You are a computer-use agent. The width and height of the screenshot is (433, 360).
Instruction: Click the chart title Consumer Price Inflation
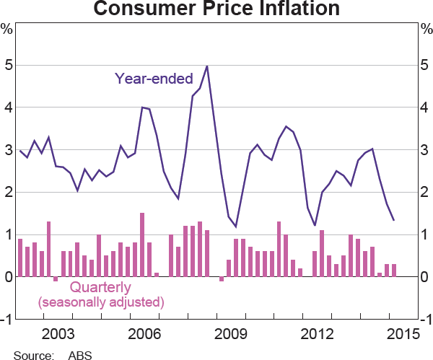[x=216, y=9]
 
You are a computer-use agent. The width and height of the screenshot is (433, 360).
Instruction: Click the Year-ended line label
[x=153, y=78]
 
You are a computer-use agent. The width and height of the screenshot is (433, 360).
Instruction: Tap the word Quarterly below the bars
[x=100, y=286]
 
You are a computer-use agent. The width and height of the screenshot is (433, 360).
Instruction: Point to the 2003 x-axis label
[x=58, y=335]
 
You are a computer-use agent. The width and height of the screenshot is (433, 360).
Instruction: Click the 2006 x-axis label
[x=144, y=335]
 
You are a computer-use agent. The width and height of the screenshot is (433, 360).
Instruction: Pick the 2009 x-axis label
[x=230, y=335]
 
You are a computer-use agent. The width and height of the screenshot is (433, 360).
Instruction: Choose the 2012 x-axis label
[x=316, y=335]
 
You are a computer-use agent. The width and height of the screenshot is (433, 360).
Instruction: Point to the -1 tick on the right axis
[x=425, y=320]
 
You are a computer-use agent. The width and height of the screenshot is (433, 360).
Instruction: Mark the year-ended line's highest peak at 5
[x=207, y=66]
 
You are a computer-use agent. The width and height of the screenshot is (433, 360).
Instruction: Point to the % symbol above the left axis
[x=6, y=30]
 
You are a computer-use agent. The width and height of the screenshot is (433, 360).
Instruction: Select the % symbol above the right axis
[x=426, y=30]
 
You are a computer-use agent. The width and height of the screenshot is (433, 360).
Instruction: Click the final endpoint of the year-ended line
[x=393, y=220]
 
